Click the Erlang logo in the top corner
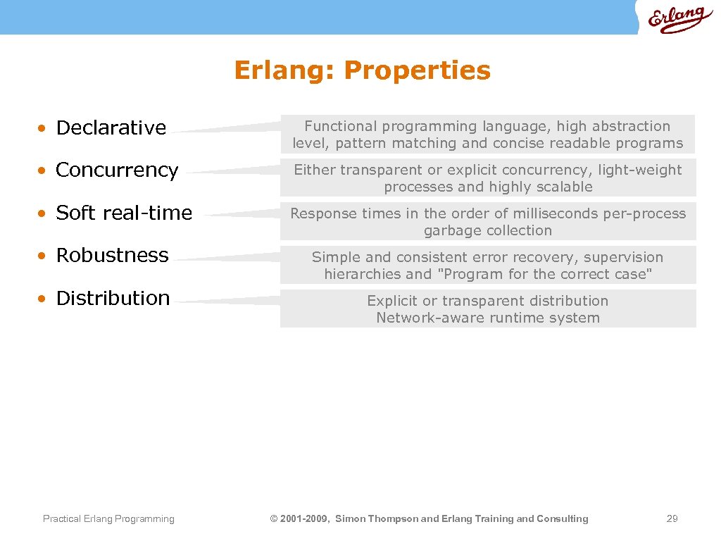tap(679, 19)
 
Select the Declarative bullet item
tap(111, 128)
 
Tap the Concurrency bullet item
tap(117, 170)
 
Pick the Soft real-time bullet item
tap(123, 213)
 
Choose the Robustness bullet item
tap(112, 255)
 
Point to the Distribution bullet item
tap(113, 298)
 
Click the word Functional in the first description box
tap(340, 126)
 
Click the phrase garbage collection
tap(488, 230)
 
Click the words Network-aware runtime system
tap(488, 318)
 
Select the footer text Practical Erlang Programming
tap(108, 519)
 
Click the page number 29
tap(672, 519)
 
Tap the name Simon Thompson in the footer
tap(377, 519)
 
